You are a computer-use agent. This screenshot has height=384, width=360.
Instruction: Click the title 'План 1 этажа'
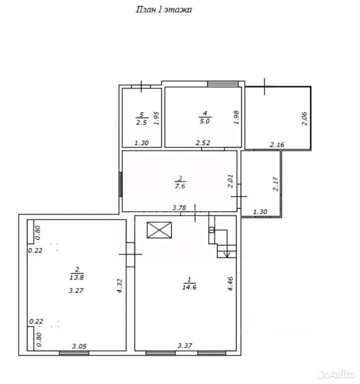(163, 10)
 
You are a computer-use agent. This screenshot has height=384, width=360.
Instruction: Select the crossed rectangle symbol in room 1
(159, 230)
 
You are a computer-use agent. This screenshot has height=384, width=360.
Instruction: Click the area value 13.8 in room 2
(77, 277)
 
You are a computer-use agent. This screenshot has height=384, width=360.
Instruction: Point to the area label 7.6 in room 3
(180, 186)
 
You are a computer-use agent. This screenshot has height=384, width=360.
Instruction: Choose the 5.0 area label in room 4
(205, 121)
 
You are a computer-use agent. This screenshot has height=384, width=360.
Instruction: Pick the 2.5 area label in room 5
(141, 122)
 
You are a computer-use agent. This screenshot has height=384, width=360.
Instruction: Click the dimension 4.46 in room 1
(230, 284)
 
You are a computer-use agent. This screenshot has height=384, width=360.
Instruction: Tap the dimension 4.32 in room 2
(119, 286)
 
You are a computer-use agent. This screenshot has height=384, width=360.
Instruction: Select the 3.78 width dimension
(179, 208)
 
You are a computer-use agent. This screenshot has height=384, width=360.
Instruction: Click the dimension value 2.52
(203, 142)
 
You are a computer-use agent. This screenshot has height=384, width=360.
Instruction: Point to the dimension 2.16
(277, 145)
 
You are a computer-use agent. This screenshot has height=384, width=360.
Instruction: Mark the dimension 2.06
(304, 118)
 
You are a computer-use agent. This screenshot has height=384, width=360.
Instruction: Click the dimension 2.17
(276, 184)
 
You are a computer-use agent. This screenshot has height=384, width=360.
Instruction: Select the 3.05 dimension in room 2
(79, 346)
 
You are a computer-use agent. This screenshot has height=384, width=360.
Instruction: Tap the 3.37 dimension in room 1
(185, 346)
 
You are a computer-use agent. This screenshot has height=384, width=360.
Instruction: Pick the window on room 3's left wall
(120, 184)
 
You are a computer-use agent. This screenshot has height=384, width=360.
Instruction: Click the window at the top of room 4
(223, 84)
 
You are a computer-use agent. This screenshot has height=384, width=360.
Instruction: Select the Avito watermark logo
(336, 374)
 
